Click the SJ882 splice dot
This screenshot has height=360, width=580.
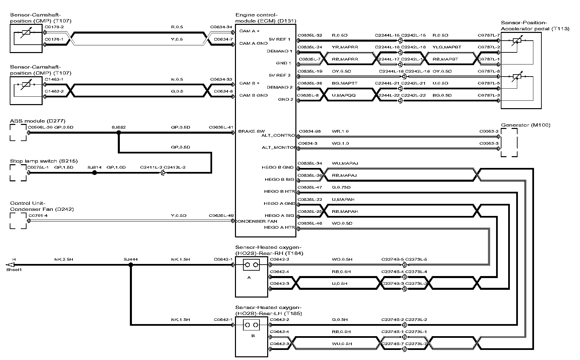118,133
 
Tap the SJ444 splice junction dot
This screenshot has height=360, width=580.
131,265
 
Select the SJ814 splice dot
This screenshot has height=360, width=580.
95,173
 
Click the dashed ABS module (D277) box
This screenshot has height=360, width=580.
18,132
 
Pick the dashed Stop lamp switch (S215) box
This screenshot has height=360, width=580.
18,173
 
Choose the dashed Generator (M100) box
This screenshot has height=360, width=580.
509,142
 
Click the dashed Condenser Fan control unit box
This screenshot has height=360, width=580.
18,221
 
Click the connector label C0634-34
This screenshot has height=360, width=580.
221,27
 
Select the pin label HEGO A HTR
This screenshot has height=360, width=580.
279,227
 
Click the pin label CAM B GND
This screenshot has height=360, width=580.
253,95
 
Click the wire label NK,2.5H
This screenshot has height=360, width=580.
63,259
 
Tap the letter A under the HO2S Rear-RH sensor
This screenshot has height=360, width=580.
249,277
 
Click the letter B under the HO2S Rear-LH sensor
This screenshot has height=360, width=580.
253,336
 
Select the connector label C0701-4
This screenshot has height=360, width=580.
38,216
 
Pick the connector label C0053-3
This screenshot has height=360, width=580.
489,143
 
